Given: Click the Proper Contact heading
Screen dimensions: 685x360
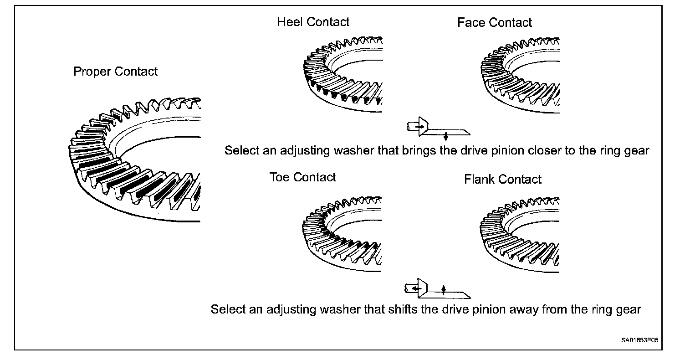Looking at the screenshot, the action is click(x=115, y=72).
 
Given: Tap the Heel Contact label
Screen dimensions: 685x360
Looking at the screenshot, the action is click(x=313, y=22).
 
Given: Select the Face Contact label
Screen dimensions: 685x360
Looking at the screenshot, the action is click(x=495, y=23).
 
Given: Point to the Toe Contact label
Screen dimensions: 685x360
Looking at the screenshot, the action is click(x=302, y=177).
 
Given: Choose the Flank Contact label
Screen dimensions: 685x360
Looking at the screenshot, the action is click(x=502, y=179).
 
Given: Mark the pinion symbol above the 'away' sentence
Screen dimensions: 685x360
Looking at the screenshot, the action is click(x=437, y=288).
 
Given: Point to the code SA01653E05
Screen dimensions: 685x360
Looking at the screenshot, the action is click(x=639, y=340).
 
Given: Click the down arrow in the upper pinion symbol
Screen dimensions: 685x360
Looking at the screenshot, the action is click(x=445, y=136).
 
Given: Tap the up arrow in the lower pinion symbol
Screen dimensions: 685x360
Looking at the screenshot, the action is click(x=444, y=289).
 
